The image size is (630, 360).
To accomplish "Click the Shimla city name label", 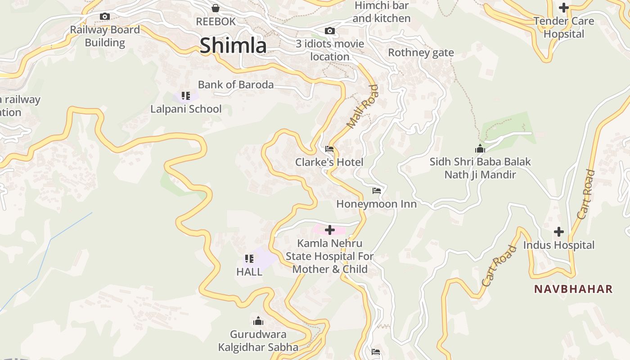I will (x=233, y=45).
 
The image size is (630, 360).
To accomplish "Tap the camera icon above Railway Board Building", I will (x=105, y=17).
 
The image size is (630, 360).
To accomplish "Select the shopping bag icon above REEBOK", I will (x=216, y=8).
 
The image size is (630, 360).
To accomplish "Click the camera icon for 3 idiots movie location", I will (x=330, y=31).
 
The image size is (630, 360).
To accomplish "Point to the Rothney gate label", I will (x=421, y=53).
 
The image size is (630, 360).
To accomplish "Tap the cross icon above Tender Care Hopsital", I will (x=563, y=8).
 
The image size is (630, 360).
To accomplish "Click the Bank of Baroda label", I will (x=236, y=85).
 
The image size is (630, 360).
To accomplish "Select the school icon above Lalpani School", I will (x=186, y=96).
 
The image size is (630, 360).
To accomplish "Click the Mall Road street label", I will (x=363, y=107).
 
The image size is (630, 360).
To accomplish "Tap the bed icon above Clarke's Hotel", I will (x=329, y=149).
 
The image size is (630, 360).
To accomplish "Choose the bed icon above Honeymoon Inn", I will (x=377, y=191).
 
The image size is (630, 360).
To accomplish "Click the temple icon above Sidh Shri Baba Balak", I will (x=480, y=148).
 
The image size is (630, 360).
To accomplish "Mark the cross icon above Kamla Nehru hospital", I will (x=330, y=230).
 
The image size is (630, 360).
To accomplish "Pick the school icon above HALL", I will (x=249, y=259).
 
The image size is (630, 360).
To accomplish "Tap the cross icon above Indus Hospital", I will (x=559, y=232).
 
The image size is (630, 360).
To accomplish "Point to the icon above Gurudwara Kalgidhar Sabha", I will (x=258, y=321).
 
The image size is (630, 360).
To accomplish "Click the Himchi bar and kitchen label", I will (x=382, y=12).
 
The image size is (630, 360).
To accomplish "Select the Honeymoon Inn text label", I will (x=377, y=204).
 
